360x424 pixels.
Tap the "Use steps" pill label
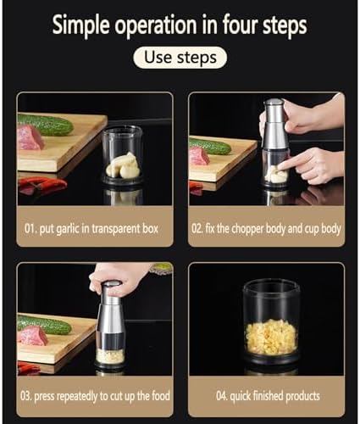[180, 58]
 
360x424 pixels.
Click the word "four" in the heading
[241, 25]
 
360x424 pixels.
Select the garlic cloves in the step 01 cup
[123, 165]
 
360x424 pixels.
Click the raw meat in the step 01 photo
[30, 137]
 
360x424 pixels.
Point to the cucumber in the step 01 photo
[45, 125]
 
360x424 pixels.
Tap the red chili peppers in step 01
[42, 185]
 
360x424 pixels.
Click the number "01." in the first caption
[30, 228]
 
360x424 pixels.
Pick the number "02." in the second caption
[197, 228]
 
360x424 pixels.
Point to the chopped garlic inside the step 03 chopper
[110, 356]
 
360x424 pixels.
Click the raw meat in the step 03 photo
[31, 336]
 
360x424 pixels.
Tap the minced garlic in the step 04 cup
[271, 337]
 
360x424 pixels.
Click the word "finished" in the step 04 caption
[268, 396]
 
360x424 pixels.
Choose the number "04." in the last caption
[222, 396]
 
